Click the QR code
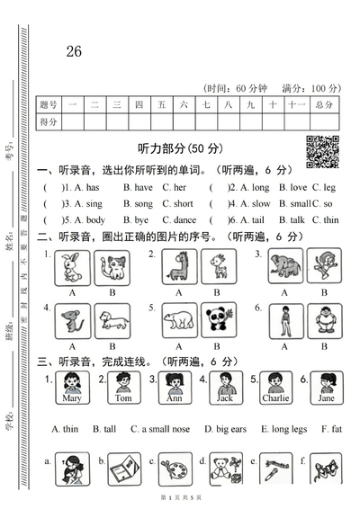323,150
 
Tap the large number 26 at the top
74,51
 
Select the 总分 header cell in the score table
324,105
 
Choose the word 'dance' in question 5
184,219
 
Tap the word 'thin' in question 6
330,219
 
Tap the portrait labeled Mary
72,389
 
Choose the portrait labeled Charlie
274,389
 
